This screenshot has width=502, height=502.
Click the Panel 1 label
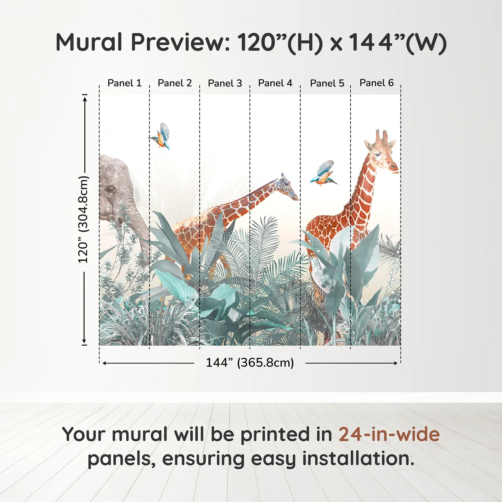124,83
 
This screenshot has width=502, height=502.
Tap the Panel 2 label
175,83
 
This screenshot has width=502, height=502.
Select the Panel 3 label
225,83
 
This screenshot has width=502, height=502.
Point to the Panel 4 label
275,83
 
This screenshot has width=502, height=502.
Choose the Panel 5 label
327,83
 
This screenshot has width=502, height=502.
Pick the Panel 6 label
377,83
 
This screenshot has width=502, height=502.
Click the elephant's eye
110,190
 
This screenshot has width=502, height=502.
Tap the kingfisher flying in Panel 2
161,136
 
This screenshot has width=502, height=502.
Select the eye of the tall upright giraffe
378,155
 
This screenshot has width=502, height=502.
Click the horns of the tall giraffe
382,136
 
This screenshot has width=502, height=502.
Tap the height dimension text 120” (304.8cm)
84,219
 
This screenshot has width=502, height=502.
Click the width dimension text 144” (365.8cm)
250,363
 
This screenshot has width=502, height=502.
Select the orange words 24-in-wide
389,434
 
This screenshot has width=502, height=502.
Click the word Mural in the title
89,42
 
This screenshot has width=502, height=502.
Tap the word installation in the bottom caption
358,459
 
